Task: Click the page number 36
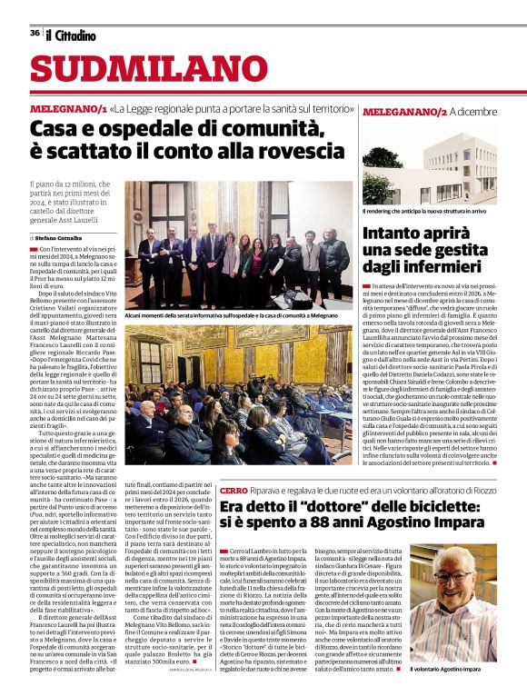[x=35, y=33]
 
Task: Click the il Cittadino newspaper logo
[x=70, y=35]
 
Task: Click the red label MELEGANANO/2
[x=404, y=112]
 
